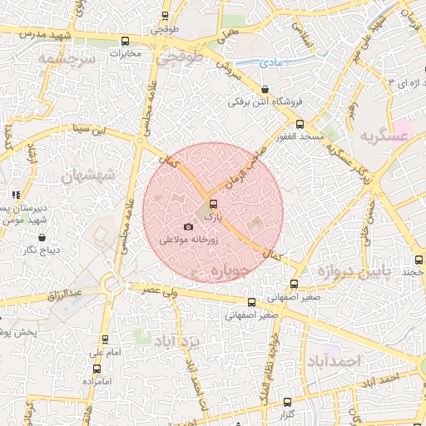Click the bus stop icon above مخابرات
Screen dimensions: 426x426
[x=126, y=41]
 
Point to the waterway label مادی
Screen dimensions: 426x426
[x=270, y=62]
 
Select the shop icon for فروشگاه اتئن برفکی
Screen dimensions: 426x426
[x=265, y=89]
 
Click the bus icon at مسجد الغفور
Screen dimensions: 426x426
[x=300, y=124]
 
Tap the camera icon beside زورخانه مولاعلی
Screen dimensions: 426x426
[x=188, y=226]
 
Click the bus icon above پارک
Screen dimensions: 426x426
[x=213, y=204]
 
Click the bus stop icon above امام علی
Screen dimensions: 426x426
[x=104, y=339]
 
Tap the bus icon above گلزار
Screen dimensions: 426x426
[x=288, y=401]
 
